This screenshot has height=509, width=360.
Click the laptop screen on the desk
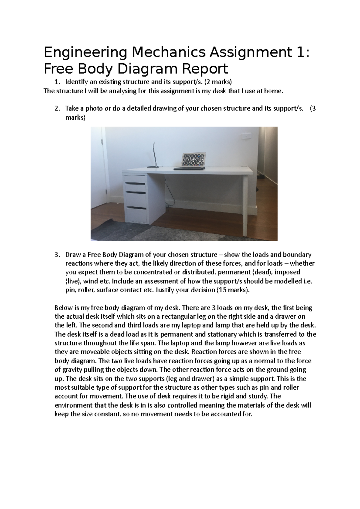[x=193, y=159]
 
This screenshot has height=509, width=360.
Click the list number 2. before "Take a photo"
[x=57, y=109]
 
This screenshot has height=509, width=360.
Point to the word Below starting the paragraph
[x=62, y=308]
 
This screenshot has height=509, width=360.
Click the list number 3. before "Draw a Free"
[x=57, y=255]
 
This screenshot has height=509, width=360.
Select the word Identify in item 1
[x=76, y=82]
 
